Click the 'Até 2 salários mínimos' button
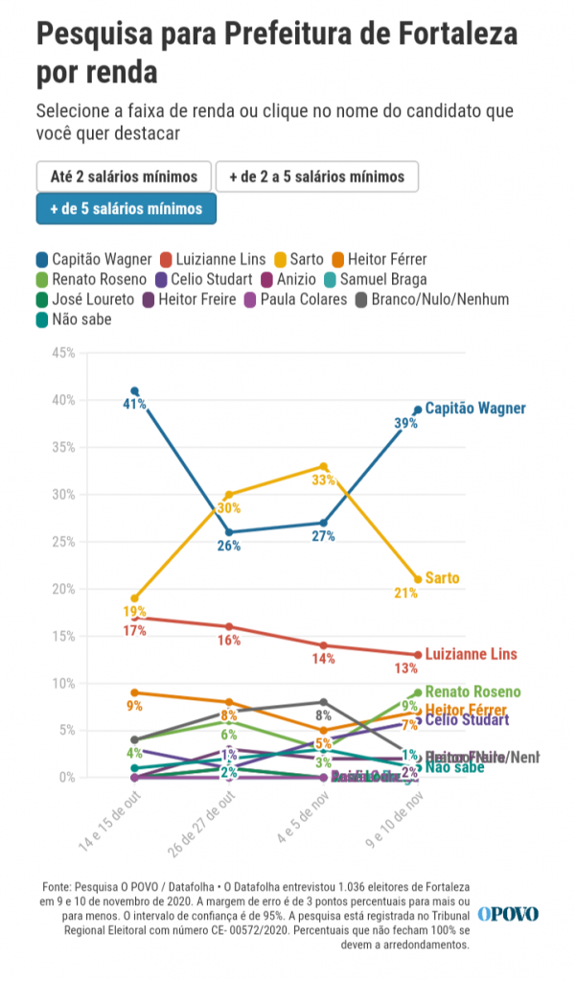(x=124, y=176)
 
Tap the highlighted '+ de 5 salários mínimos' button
(x=126, y=208)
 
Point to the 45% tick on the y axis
(x=63, y=353)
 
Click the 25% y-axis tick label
(x=63, y=542)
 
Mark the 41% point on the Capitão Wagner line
(x=134, y=391)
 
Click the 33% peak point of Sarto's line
(x=324, y=466)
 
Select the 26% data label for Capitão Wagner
(x=229, y=546)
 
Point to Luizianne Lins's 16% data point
(x=229, y=626)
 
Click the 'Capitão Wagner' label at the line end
(x=475, y=409)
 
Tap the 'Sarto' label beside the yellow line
(x=442, y=578)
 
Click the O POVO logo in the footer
(x=508, y=914)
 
